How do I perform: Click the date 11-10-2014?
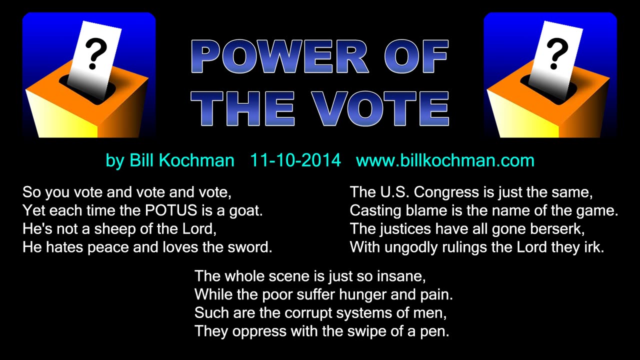(295, 160)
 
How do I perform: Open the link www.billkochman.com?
(445, 160)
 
